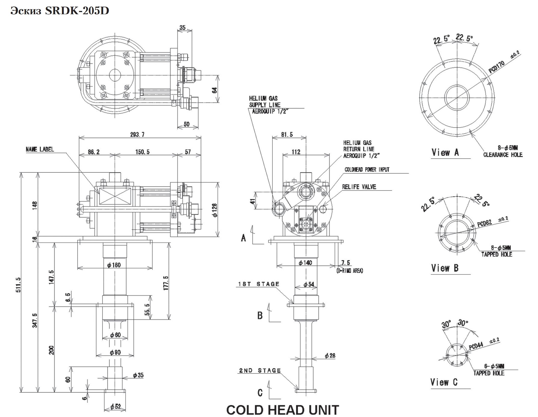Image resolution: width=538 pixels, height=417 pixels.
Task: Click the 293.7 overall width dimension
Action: pyautogui.click(x=137, y=134)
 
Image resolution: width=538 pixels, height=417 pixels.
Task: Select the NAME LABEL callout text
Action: pyautogui.click(x=40, y=149)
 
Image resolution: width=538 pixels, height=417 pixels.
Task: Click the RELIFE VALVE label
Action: pyautogui.click(x=359, y=187)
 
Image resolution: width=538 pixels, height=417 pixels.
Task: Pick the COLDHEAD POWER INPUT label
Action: pyautogui.click(x=367, y=169)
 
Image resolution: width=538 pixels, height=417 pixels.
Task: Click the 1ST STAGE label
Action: pyautogui.click(x=258, y=284)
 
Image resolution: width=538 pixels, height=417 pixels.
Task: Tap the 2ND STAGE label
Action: pyautogui.click(x=260, y=370)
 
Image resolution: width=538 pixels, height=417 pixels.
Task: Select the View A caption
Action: pyautogui.click(x=445, y=152)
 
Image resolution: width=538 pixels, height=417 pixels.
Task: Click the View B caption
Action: pyautogui.click(x=445, y=268)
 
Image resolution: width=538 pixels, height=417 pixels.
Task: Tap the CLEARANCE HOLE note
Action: pyautogui.click(x=503, y=155)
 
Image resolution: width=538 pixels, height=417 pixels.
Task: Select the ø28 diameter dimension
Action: pyautogui.click(x=330, y=356)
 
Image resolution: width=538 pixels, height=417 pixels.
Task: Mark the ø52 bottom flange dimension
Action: pyautogui.click(x=115, y=407)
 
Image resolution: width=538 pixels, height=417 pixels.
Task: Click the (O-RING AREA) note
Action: pyautogui.click(x=350, y=271)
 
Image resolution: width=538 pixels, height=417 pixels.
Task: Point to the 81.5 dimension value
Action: pyautogui.click(x=287, y=134)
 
